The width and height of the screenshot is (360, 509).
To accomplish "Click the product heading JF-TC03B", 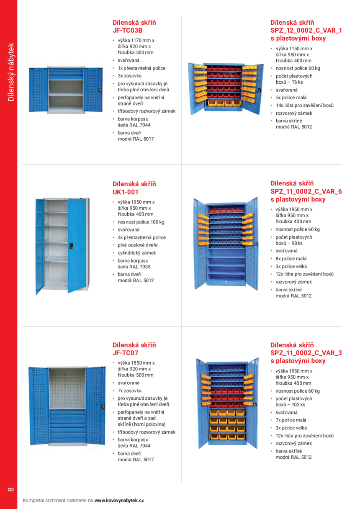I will click(x=126, y=31).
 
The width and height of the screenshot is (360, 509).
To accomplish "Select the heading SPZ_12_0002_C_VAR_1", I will click(x=306, y=31).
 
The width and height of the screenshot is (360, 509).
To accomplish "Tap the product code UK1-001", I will click(x=125, y=192).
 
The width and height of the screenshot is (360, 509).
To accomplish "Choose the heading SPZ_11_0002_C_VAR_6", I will click(x=306, y=191).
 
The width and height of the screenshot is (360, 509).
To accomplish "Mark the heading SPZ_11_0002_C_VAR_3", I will click(x=306, y=353).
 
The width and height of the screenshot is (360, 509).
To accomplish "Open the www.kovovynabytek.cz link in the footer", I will click(x=119, y=500).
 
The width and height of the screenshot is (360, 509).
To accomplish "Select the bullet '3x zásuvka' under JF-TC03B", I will click(x=129, y=76).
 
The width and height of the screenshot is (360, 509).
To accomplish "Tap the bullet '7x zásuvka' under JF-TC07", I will click(x=129, y=391).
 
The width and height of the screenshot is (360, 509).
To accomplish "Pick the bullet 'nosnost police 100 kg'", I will click(x=141, y=222).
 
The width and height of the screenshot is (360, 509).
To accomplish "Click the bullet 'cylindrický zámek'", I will click(x=136, y=253).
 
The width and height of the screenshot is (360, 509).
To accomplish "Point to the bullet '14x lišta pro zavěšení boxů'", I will click(x=304, y=105).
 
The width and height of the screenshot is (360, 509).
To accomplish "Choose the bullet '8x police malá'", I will click(x=291, y=259).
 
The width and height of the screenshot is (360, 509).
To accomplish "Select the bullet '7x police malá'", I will click(x=291, y=420).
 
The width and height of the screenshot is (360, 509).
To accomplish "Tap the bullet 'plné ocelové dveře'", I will click(x=138, y=245).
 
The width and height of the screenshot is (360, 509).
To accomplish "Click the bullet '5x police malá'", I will click(x=291, y=98).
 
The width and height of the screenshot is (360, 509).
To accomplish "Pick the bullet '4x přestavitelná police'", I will click(x=141, y=237).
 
